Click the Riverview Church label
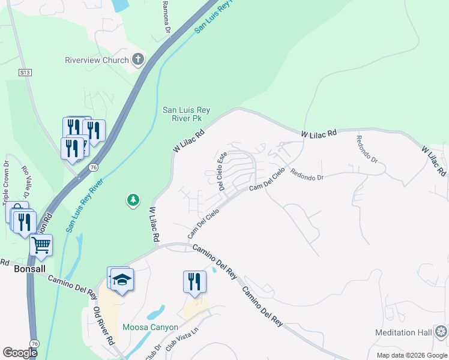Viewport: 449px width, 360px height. [97, 60]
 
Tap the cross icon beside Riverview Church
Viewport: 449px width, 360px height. [138, 59]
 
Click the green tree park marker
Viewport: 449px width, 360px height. [133, 200]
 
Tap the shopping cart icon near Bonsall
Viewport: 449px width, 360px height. [41, 244]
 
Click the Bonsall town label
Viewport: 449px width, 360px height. [29, 269]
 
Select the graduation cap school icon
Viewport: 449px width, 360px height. [122, 280]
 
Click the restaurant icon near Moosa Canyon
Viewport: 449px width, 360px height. [194, 282]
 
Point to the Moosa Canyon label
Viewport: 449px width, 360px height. [150, 327]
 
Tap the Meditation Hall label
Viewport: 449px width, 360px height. [403, 332]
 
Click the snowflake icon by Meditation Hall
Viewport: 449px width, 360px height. [441, 332]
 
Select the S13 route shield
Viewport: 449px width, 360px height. [25, 73]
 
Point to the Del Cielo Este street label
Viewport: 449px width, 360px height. [222, 171]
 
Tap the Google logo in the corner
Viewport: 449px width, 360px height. [20, 352]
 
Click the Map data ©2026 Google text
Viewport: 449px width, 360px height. [411, 355]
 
